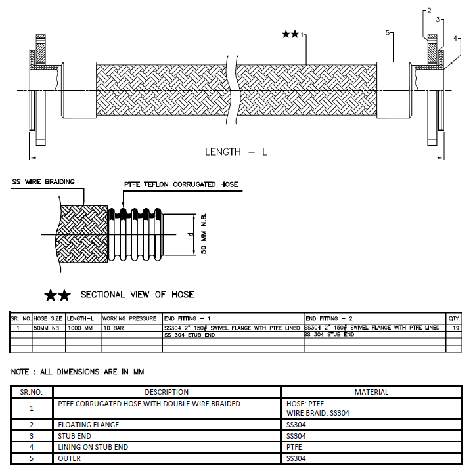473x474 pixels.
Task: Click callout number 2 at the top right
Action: [429, 11]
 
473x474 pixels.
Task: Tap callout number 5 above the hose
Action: [388, 32]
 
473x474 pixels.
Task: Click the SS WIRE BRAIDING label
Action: [43, 182]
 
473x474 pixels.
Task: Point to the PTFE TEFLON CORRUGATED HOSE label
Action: [181, 184]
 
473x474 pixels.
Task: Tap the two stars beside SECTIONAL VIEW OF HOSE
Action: [57, 295]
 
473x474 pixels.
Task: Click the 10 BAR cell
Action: [114, 327]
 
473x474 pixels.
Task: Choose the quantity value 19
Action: [455, 327]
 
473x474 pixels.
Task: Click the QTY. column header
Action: [454, 318]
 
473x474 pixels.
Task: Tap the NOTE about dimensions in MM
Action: [78, 372]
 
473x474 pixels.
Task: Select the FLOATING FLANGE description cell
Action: [89, 425]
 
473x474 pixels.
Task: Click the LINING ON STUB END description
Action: [95, 447]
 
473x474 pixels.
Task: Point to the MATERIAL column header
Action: [371, 392]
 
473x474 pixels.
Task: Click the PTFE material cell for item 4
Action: [295, 447]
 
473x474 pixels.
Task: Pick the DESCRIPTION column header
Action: [166, 392]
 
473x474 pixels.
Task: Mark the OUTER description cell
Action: [70, 458]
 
